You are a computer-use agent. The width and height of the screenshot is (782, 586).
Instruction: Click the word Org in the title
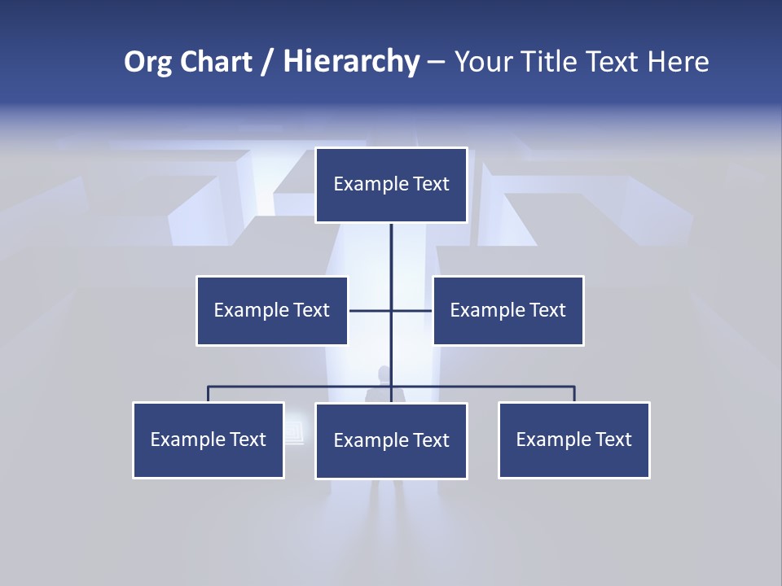tap(148, 62)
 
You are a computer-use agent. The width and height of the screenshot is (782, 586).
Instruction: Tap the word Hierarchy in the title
tap(351, 62)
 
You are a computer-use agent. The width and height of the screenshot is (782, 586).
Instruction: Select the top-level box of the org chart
tap(391, 185)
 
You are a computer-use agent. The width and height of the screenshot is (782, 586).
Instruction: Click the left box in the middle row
tap(272, 311)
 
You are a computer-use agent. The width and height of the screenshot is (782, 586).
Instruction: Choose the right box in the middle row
tap(508, 311)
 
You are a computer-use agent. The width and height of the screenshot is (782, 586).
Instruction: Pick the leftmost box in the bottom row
tap(209, 440)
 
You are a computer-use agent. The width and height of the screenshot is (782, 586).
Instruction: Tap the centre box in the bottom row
tap(391, 441)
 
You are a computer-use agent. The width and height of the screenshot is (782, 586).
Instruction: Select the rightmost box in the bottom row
tap(574, 440)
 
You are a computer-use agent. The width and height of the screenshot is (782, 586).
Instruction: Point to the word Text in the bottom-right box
tap(613, 440)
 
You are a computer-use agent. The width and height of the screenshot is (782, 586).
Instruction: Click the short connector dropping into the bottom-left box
tap(209, 394)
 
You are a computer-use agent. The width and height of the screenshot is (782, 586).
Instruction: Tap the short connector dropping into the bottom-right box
tap(574, 394)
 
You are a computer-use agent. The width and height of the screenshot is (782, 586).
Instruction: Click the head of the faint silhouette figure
tap(384, 373)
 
